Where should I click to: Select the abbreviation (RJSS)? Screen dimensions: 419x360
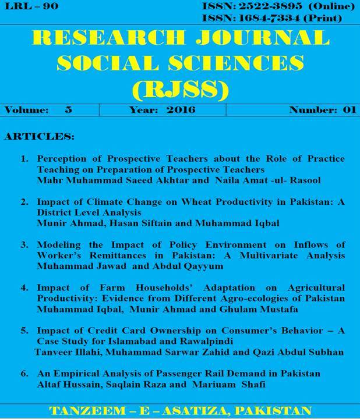pos(180,89)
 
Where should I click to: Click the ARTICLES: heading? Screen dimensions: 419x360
pos(39,137)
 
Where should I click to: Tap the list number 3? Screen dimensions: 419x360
pos(24,245)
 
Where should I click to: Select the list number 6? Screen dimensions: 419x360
pos(24,373)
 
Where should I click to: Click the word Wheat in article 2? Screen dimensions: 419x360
pos(186,202)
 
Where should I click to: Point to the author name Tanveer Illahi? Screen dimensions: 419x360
pos(64,352)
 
